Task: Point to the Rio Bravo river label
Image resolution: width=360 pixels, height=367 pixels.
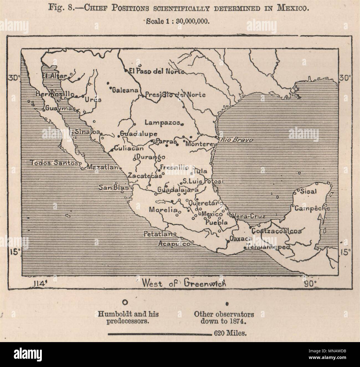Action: coord(236,140)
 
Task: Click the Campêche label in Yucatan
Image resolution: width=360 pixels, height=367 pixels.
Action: coord(312,208)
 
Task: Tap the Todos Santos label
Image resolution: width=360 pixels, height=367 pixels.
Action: coord(54,163)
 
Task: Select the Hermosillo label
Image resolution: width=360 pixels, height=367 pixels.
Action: coord(53,94)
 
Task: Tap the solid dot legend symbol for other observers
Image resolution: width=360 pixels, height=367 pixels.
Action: coord(227,304)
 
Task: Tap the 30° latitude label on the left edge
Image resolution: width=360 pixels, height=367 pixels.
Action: coord(13,78)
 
